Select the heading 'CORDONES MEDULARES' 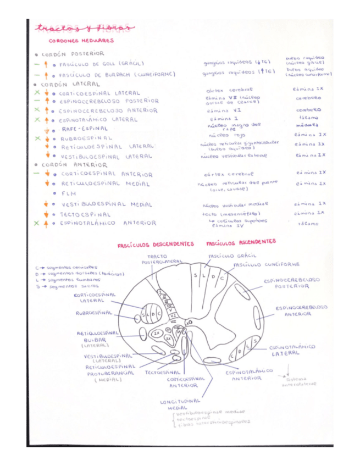81,40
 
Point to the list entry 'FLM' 69,193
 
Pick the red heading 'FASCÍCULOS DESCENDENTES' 156,245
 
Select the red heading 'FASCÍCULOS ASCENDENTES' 241,242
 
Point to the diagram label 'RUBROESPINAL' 94,312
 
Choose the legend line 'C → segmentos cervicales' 67,268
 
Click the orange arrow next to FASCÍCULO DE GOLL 47,64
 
